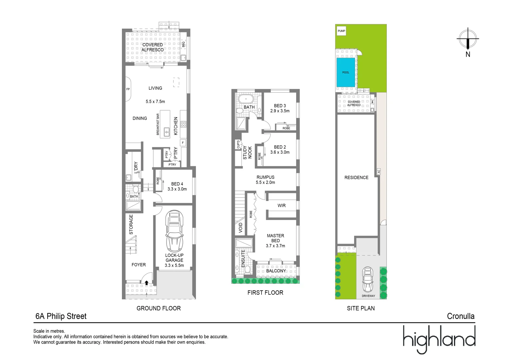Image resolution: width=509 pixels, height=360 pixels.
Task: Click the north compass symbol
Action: [468, 39]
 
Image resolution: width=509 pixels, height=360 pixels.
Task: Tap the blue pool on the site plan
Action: [346, 72]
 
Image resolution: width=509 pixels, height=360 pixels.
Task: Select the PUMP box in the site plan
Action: [341, 31]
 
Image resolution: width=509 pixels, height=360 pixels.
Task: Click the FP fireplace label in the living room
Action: [128, 89]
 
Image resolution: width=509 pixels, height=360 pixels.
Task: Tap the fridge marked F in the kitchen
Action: [183, 143]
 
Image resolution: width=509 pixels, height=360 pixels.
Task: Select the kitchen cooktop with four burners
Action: [183, 124]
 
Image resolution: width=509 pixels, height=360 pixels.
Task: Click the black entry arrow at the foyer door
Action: [147, 283]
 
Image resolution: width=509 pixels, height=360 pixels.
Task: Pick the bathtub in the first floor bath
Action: [246, 99]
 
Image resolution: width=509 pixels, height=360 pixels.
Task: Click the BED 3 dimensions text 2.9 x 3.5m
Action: [280, 111]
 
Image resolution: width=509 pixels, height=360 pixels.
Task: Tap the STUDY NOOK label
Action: [247, 152]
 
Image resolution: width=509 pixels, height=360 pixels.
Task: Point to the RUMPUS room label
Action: [265, 177]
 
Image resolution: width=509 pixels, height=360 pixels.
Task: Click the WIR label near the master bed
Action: [281, 206]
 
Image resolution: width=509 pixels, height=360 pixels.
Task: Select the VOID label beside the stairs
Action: [241, 228]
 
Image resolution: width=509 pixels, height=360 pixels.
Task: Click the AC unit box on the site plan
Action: [379, 171]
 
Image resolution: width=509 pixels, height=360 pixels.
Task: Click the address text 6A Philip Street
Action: [61, 316]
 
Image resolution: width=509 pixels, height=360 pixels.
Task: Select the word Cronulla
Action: [461, 316]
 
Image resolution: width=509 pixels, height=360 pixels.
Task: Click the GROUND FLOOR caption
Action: [159, 308]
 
